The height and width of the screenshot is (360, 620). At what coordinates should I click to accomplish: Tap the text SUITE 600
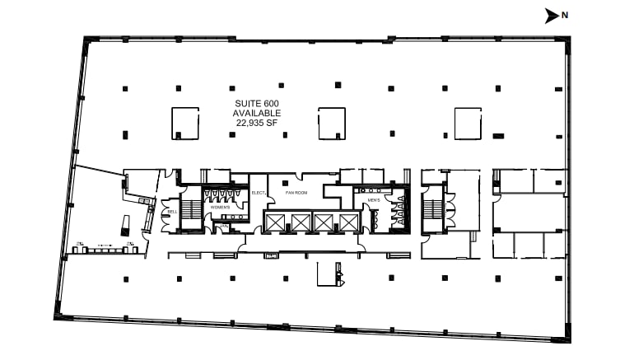(257, 102)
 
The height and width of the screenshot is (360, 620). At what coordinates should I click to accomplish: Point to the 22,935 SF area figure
(257, 123)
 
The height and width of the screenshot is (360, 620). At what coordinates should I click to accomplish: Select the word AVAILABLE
(257, 113)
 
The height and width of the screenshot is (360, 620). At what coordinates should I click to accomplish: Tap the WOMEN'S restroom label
(220, 207)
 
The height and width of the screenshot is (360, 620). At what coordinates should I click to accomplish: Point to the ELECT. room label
(257, 193)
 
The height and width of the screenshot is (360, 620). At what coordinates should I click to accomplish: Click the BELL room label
(173, 212)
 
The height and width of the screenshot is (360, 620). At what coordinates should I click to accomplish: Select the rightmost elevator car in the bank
(347, 222)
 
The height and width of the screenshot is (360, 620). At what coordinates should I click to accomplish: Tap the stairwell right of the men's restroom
(432, 209)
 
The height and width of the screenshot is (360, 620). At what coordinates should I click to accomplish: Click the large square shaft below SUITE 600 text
(185, 123)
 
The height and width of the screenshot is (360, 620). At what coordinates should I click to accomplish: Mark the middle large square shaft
(332, 123)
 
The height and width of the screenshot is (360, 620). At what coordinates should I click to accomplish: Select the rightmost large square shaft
(467, 123)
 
